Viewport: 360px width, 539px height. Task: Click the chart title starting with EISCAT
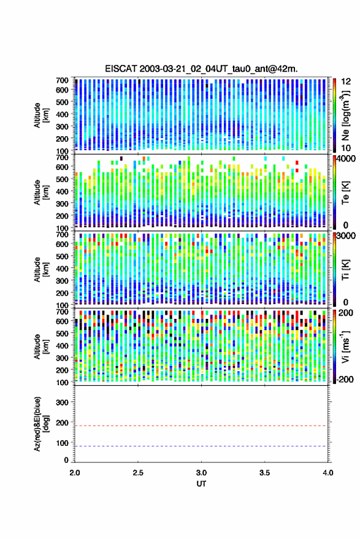tap(201, 69)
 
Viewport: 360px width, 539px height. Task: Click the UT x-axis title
tap(201, 484)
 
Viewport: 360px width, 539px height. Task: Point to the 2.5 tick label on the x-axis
tap(138, 473)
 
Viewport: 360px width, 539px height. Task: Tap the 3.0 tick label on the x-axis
tap(201, 473)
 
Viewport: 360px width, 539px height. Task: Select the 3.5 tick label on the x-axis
tap(264, 473)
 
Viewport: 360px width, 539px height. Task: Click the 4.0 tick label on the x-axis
tap(327, 473)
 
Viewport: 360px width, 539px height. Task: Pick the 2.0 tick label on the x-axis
tap(75, 473)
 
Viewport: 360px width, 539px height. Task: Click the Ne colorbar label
tap(345, 115)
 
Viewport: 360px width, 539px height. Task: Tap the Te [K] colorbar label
tap(345, 193)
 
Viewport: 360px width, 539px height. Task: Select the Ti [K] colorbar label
tap(345, 270)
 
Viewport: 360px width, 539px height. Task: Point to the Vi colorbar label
tap(345, 346)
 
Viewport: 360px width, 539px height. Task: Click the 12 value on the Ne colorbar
tap(347, 82)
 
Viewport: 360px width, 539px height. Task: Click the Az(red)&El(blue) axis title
tap(41, 424)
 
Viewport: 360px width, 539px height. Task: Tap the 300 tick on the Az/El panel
tap(62, 402)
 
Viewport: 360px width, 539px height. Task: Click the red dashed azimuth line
tap(201, 426)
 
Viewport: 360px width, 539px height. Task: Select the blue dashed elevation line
tap(201, 446)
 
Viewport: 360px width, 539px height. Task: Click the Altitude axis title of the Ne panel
tap(41, 115)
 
